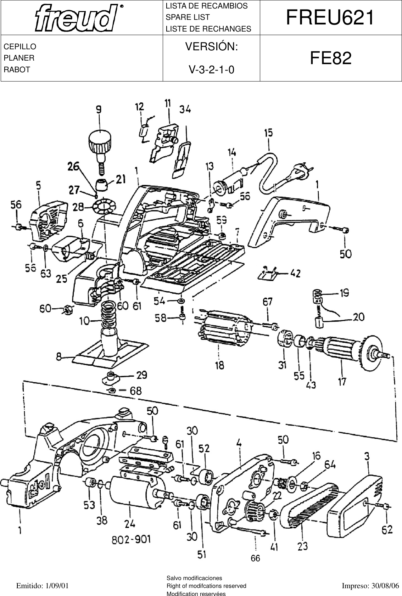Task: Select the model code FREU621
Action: [330, 17]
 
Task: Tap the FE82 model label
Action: [330, 58]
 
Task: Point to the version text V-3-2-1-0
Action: [211, 70]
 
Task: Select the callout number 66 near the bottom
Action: [255, 558]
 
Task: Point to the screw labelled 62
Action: [386, 507]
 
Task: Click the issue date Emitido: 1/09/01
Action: [43, 586]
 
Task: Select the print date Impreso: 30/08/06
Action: [370, 586]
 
